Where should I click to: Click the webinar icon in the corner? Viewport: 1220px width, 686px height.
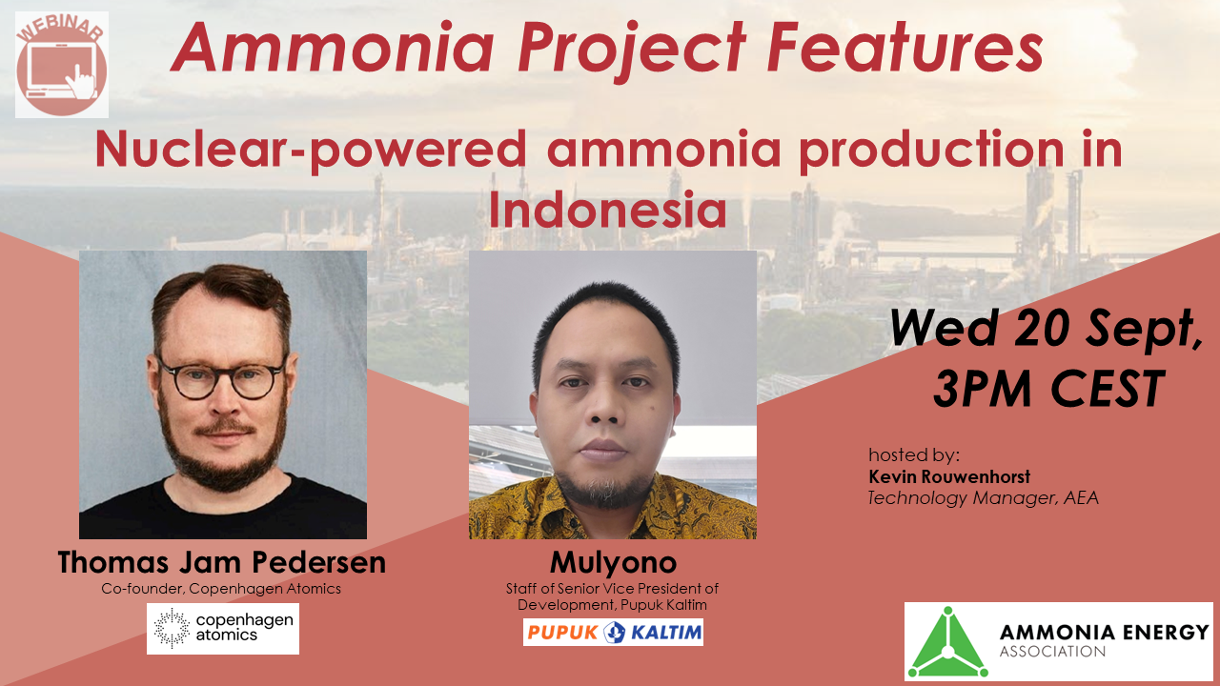pos(62,65)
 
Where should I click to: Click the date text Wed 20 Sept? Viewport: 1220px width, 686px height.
pos(1046,330)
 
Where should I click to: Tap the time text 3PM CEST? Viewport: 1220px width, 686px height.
pos(1048,388)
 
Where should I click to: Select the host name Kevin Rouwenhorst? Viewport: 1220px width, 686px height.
pos(949,476)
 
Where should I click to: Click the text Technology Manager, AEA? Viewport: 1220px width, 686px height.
pos(983,497)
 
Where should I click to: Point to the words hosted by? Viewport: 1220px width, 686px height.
pos(914,454)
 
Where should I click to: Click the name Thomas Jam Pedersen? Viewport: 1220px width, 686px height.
pos(222,562)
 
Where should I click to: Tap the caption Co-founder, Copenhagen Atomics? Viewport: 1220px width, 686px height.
pos(221,589)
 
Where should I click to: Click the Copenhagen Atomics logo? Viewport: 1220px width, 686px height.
pos(222,629)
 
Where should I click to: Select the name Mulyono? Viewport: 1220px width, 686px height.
pos(612,562)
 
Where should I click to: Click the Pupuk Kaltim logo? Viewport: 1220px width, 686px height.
pos(613,632)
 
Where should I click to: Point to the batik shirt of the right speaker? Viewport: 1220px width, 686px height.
pos(612,519)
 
